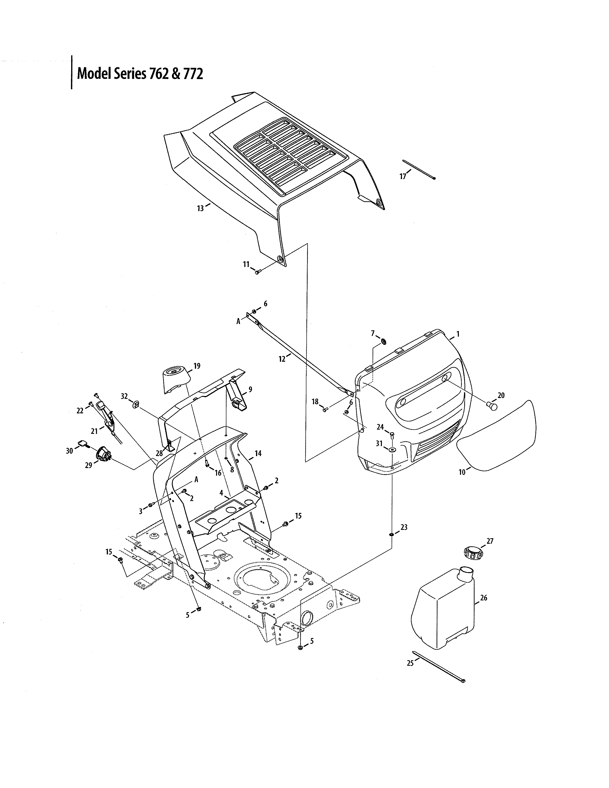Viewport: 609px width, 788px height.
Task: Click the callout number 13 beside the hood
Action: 200,208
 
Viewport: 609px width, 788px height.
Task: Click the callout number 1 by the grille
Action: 458,334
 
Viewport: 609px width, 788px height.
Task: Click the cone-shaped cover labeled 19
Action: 176,379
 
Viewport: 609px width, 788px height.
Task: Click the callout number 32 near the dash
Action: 124,396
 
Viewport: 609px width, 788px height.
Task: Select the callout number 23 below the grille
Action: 404,527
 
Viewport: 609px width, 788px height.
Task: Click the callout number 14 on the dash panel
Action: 258,453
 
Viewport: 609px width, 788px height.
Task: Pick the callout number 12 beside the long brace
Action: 282,359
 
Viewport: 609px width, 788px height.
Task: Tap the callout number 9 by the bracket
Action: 250,389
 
